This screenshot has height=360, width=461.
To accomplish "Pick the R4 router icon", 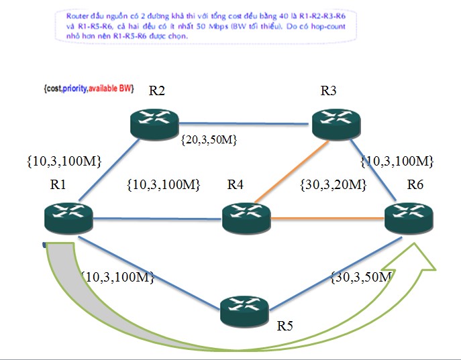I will click(x=246, y=216).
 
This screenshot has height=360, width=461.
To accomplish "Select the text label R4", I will click(x=236, y=184).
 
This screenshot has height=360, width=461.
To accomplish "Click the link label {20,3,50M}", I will click(x=210, y=140).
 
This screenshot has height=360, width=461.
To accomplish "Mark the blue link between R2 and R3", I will click(x=246, y=123).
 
